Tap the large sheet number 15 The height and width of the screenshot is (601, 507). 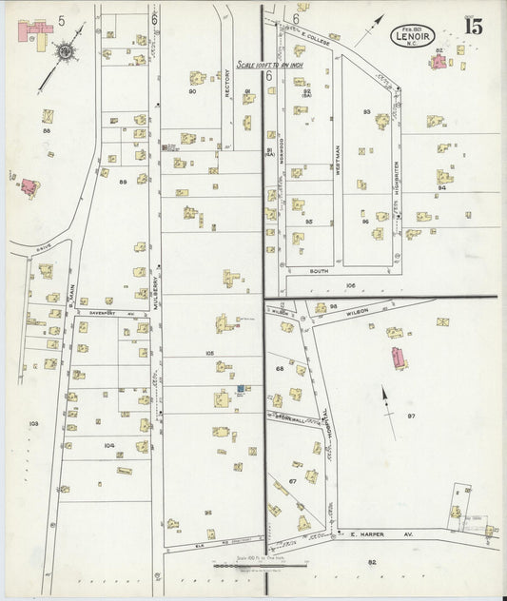(x=473, y=26)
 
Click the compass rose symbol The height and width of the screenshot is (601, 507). (x=66, y=49)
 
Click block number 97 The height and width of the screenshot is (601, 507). (x=411, y=417)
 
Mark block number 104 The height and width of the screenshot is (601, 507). (x=109, y=444)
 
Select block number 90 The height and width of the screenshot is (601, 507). (x=192, y=91)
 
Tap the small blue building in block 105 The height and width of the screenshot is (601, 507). (x=241, y=388)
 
